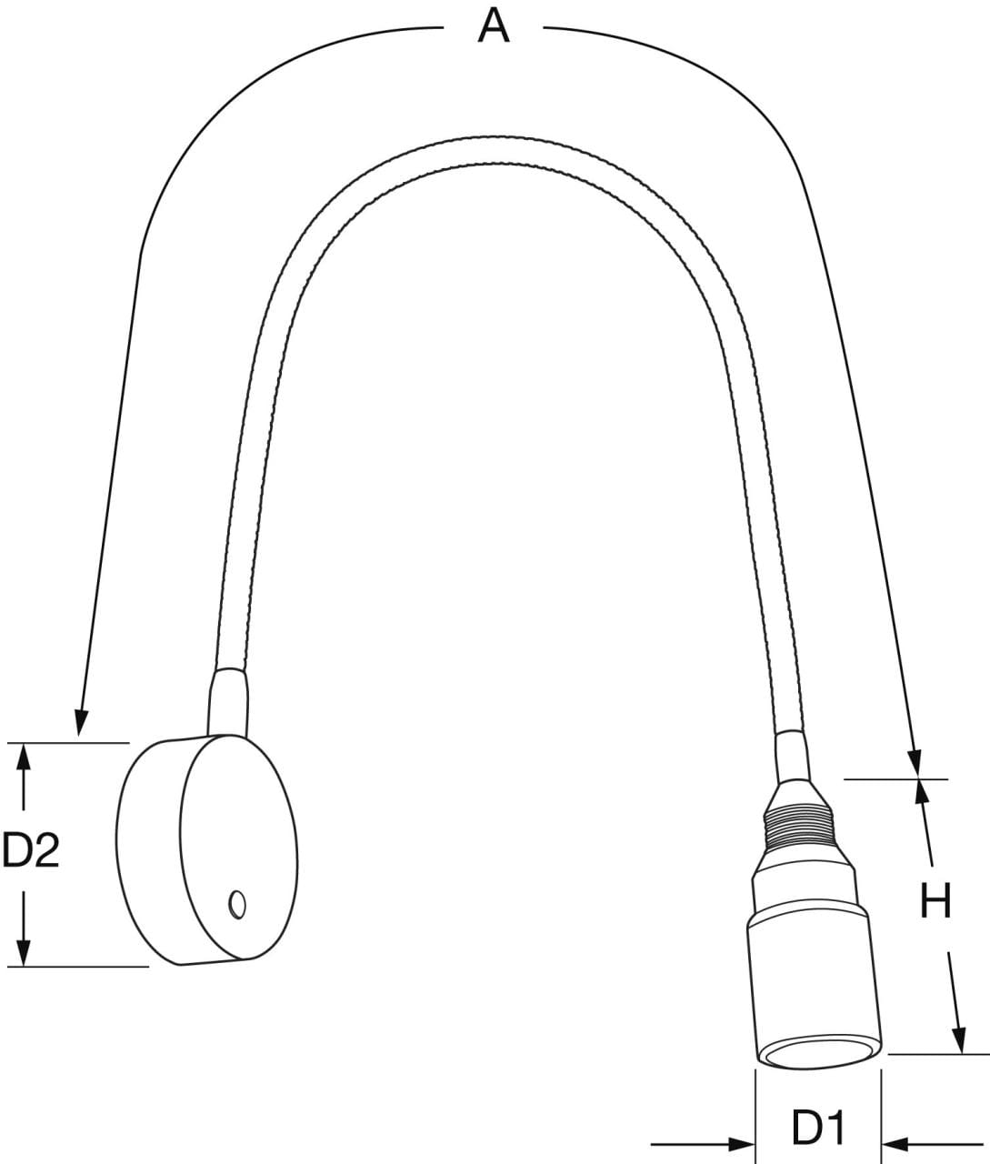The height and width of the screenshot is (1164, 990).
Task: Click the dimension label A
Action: (x=494, y=26)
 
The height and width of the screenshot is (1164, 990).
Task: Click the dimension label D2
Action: (x=31, y=850)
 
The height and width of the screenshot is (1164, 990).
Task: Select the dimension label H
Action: (x=935, y=901)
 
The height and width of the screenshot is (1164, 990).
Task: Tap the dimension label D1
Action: (x=818, y=1129)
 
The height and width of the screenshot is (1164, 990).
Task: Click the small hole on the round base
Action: (x=237, y=904)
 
